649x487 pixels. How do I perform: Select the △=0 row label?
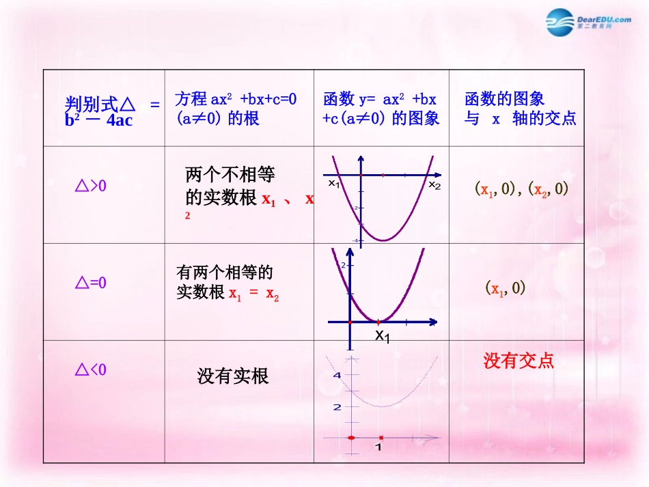(90, 283)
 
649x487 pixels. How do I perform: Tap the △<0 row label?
(90, 370)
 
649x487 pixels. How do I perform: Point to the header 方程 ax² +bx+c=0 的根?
(236, 109)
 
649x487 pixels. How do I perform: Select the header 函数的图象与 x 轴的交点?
(520, 109)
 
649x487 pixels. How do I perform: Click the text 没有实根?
(233, 376)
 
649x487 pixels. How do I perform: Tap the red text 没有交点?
(519, 360)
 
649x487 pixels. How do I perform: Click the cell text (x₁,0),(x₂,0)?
(521, 189)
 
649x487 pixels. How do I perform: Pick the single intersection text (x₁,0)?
(505, 288)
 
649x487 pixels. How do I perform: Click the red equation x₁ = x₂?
(253, 294)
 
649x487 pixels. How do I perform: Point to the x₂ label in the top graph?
(434, 185)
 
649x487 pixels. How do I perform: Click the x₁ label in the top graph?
(333, 183)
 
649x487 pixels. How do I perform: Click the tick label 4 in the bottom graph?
(336, 376)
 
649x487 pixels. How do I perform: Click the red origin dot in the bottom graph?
(350, 437)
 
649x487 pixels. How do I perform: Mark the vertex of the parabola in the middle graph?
(378, 321)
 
